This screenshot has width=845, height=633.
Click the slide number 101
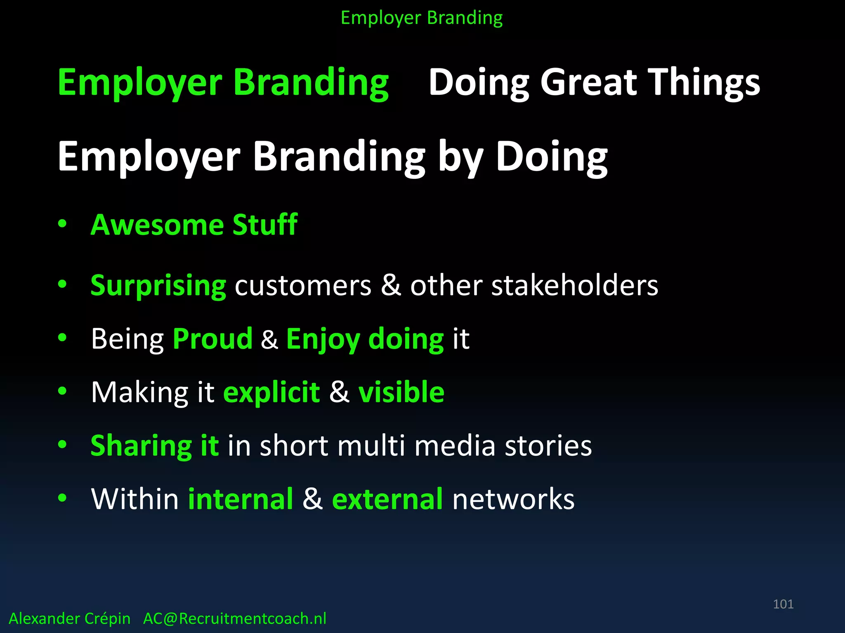783,604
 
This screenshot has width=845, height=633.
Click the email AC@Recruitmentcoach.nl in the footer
234,619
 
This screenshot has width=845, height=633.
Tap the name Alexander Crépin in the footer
69,619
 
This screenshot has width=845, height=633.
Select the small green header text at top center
422,18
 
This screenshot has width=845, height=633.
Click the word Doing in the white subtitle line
551,157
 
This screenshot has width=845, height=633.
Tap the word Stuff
265,225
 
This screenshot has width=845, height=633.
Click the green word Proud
212,339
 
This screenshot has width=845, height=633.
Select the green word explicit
271,392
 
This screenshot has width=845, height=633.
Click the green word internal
241,499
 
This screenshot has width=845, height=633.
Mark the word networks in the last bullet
513,499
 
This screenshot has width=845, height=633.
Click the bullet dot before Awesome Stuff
62,224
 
